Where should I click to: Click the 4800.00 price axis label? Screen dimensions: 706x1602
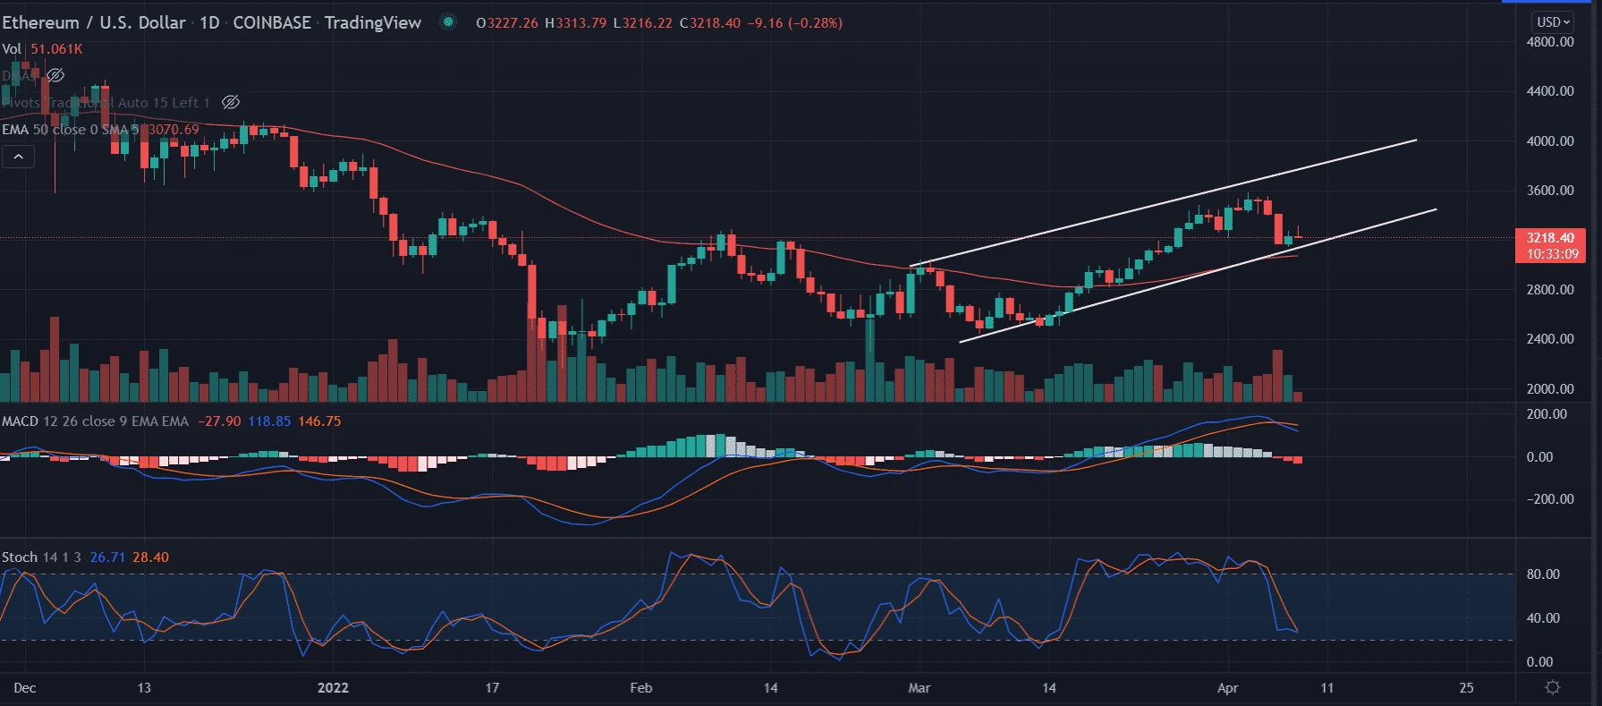(1550, 42)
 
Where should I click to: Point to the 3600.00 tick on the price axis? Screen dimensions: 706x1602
(1550, 191)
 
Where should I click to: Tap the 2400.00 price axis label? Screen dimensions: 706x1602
(1550, 339)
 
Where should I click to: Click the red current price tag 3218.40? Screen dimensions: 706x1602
(1550, 238)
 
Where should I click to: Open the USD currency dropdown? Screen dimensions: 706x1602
(1554, 22)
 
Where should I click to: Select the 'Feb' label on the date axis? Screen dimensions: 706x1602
(641, 688)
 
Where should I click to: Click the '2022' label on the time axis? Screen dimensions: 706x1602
(333, 688)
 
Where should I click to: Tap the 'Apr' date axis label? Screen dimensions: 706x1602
(1228, 688)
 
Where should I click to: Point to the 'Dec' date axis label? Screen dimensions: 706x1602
(25, 688)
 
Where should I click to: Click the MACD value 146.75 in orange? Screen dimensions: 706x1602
(319, 421)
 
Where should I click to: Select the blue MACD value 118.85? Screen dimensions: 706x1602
(269, 421)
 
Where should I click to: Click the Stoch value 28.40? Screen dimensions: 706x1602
(150, 557)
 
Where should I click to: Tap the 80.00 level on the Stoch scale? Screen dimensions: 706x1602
(1543, 574)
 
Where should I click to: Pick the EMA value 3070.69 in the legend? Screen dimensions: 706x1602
(174, 130)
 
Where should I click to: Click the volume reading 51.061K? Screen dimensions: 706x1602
(56, 49)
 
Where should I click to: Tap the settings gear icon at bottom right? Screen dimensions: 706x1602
(1553, 687)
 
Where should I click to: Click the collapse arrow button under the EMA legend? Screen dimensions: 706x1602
(18, 157)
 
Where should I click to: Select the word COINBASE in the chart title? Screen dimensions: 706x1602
(272, 23)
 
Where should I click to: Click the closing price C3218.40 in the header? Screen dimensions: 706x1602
(710, 23)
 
